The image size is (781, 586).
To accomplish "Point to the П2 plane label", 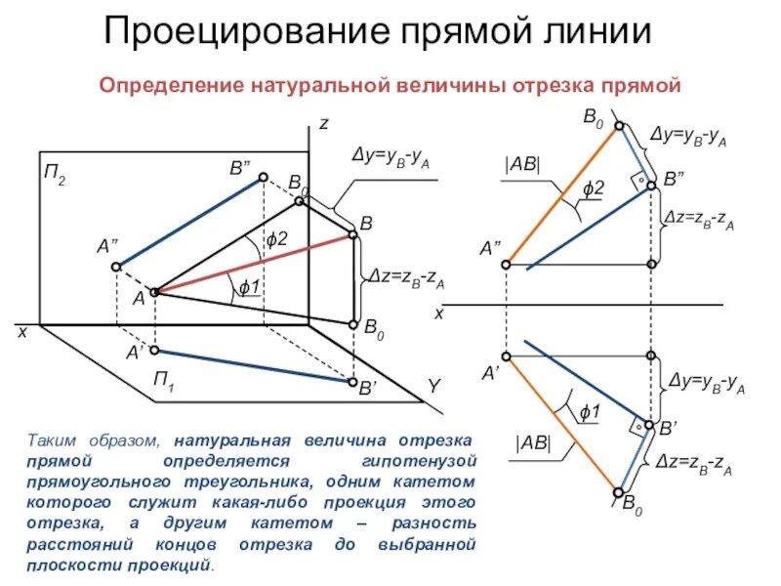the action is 54,177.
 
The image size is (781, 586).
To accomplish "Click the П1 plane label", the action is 164,378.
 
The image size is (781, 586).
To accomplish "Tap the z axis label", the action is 323,125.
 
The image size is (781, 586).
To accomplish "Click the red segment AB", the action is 254,264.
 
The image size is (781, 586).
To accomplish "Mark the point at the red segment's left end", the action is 153,291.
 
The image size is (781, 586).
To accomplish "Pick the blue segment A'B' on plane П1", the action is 254,365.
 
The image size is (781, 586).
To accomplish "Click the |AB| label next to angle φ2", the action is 522,165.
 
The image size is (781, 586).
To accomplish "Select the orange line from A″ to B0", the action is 561,195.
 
